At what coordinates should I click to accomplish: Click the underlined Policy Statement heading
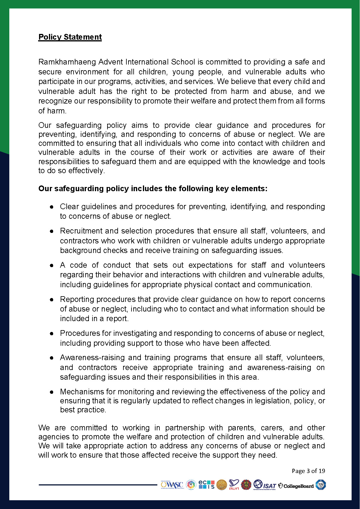70,37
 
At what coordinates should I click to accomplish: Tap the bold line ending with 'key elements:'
153,188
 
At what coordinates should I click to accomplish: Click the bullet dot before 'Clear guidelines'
52,207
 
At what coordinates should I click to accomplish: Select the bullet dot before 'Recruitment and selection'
52,231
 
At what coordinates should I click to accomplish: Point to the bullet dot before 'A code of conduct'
52,266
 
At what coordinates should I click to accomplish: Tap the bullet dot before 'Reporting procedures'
52,300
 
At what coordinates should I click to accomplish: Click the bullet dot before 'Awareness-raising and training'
52,358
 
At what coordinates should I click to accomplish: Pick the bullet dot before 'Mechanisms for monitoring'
52,392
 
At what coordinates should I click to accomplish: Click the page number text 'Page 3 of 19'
308,471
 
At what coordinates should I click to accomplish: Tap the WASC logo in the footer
172,485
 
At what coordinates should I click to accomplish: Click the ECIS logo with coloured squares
207,485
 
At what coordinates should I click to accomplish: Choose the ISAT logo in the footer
265,485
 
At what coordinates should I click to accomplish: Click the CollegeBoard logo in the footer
296,486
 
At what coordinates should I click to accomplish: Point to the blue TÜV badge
321,485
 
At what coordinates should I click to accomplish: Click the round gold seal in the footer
222,485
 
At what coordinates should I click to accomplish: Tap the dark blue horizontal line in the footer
98,484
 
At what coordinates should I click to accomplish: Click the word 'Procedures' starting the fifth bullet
80,333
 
